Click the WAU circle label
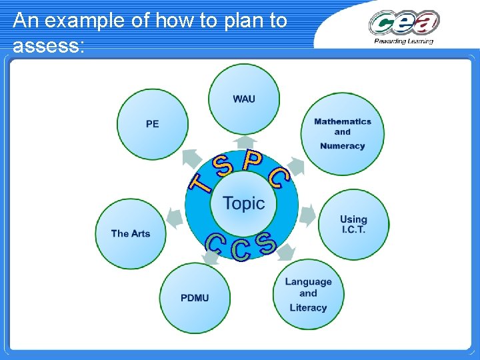[x=243, y=99]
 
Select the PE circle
[x=153, y=124]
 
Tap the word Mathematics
[x=342, y=121]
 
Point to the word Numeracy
[x=342, y=146]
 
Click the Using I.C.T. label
[x=353, y=224]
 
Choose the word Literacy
[x=308, y=307]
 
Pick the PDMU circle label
[x=195, y=297]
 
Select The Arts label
[x=131, y=233]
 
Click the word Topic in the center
[x=243, y=203]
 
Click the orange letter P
[x=252, y=160]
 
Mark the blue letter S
[x=266, y=243]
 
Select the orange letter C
[x=279, y=177]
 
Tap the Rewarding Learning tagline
[x=404, y=41]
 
